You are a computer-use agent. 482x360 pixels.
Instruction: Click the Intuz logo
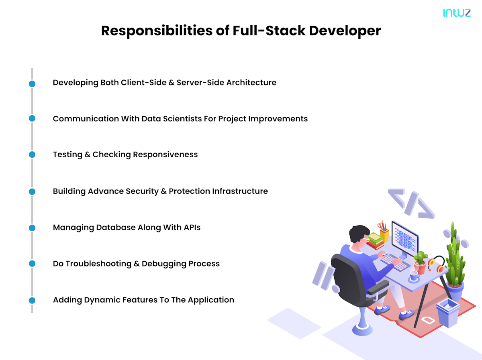pos(457,12)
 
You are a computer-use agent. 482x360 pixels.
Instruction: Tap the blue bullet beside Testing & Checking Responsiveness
pos(32,155)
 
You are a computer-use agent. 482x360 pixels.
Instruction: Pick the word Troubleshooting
pos(100,264)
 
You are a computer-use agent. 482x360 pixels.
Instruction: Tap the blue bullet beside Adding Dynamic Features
pos(32,300)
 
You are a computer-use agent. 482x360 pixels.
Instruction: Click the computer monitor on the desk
pos(404,240)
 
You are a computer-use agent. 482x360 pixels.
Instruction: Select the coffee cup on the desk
pos(414,276)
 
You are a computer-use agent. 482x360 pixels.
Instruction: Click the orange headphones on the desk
pos(436,265)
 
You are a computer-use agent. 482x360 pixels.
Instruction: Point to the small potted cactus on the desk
pos(420,262)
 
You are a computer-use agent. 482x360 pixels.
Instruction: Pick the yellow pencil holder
pos(384,235)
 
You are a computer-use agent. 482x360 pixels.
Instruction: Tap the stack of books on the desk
pos(375,241)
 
